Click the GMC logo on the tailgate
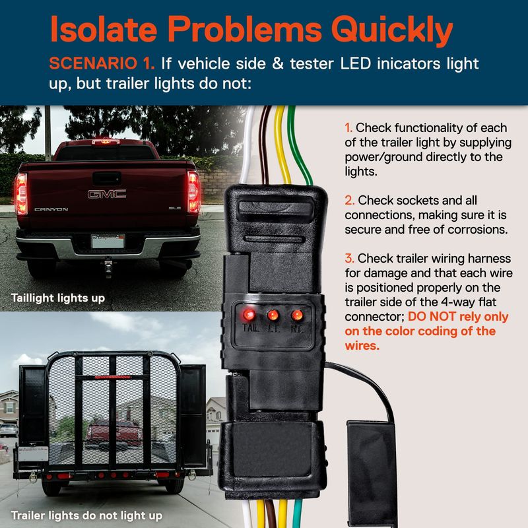(x=107, y=194)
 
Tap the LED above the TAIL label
(x=249, y=315)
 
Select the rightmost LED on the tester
(x=297, y=315)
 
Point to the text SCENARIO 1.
(x=102, y=63)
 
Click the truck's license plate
(x=108, y=241)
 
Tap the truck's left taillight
(x=21, y=194)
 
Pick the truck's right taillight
(x=194, y=192)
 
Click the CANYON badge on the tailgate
(x=51, y=209)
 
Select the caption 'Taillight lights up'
(x=58, y=298)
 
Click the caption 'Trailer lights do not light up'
(x=86, y=515)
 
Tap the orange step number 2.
(x=349, y=201)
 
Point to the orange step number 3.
(x=349, y=259)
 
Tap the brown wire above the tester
(x=264, y=145)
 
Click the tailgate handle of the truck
(x=107, y=178)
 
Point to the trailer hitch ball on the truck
(x=108, y=260)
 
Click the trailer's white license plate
(x=33, y=454)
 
